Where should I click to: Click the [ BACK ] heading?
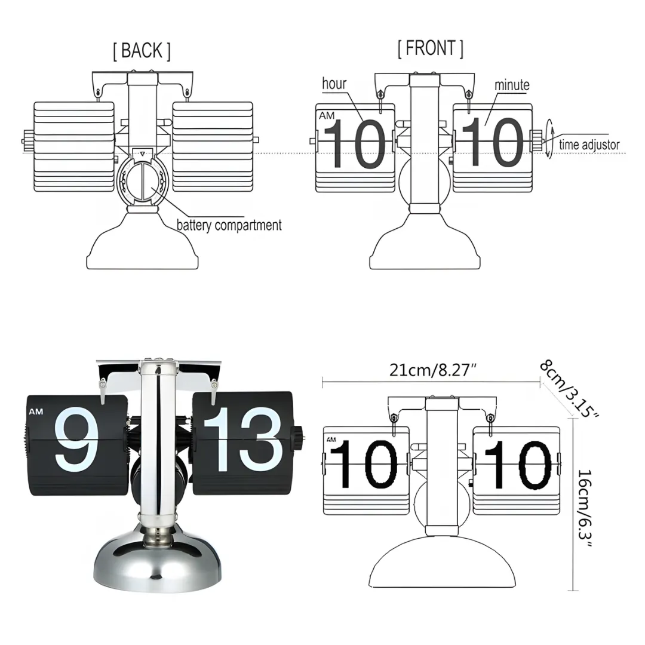[x=142, y=51]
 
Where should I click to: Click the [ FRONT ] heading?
[x=430, y=48]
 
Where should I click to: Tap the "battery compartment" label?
[x=229, y=225]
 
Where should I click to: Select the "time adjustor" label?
[x=589, y=145]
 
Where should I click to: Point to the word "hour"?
[x=334, y=84]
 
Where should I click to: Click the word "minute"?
[x=512, y=85]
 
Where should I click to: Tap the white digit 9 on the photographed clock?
[x=76, y=439]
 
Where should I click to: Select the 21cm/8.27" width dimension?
[x=432, y=370]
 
